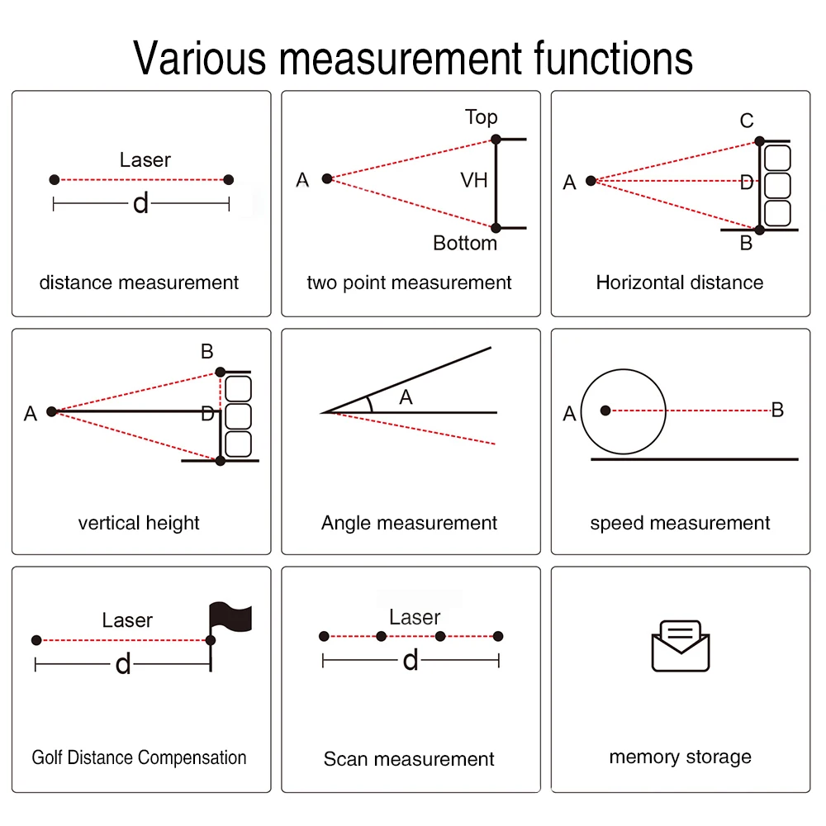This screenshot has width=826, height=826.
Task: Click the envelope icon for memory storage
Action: (x=681, y=646)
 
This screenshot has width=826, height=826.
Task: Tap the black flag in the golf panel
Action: (x=230, y=617)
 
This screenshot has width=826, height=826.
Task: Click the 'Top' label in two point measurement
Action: (x=481, y=117)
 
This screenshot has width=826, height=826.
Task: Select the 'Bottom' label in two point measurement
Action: (x=465, y=243)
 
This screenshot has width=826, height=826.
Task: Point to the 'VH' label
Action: (x=474, y=180)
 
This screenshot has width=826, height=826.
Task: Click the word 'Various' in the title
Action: (x=201, y=58)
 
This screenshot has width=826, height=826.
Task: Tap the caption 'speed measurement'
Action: (x=680, y=523)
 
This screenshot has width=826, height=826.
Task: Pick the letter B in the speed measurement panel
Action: (x=777, y=410)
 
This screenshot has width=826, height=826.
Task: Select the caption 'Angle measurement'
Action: (x=409, y=523)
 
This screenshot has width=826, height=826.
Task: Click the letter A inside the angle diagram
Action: (x=406, y=397)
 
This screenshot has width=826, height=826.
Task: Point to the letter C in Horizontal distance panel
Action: (x=747, y=121)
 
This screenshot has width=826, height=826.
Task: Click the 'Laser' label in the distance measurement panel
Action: (x=145, y=159)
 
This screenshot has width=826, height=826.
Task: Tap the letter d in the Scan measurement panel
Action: (x=411, y=661)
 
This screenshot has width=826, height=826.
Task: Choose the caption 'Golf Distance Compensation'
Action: (x=139, y=757)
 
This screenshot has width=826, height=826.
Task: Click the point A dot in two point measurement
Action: (x=327, y=178)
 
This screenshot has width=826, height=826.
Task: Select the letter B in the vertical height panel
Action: (x=206, y=352)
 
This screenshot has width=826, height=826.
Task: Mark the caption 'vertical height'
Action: (x=139, y=523)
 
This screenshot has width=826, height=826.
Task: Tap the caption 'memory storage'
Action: (x=680, y=757)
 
